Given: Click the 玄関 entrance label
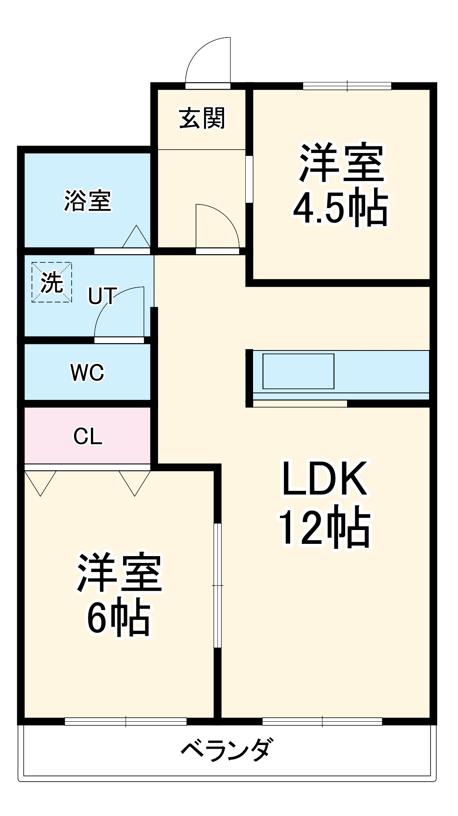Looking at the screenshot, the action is click(202, 118).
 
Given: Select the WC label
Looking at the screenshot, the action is click(87, 372).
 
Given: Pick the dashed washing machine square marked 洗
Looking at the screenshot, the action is click(52, 282).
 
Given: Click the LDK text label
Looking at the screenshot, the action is click(325, 478).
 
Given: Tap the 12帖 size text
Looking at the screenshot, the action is click(325, 526).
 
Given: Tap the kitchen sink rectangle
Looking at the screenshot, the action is click(298, 371).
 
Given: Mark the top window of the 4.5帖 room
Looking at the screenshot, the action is click(347, 86).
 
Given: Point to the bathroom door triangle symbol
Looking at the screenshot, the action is click(137, 236).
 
